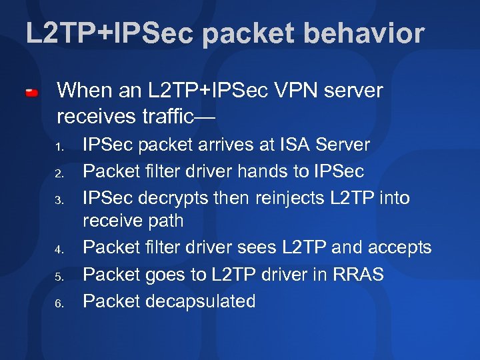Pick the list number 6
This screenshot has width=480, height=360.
(59, 303)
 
